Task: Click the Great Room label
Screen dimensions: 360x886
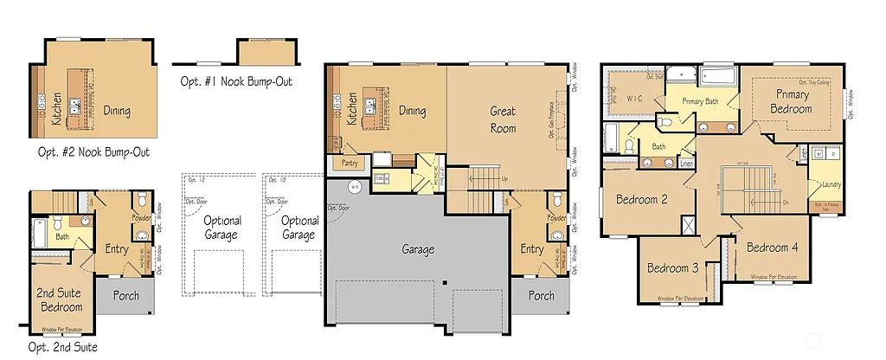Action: (503, 119)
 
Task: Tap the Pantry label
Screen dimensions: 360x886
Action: (349, 163)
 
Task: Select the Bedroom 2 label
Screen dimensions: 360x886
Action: (641, 200)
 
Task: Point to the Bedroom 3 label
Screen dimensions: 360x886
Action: (672, 268)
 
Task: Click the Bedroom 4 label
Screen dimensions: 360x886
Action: (772, 247)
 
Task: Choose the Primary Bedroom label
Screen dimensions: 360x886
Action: (793, 101)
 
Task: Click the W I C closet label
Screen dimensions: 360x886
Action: (639, 99)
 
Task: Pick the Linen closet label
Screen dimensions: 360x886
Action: (686, 164)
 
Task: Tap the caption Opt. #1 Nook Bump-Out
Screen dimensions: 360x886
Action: (235, 81)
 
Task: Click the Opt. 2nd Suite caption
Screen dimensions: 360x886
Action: (61, 347)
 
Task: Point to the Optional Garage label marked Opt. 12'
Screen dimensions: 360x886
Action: (222, 227)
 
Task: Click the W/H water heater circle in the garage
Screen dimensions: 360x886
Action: (353, 186)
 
